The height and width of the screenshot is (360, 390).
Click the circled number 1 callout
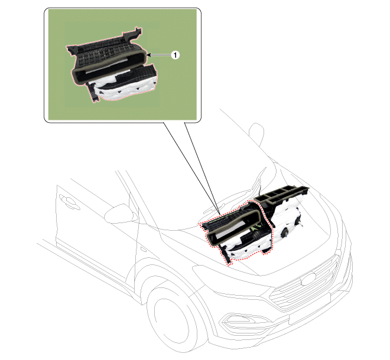175,55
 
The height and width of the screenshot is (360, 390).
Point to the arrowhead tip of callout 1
147,55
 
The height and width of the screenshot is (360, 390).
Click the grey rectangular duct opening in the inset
109,66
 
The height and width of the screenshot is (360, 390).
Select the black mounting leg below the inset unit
92,92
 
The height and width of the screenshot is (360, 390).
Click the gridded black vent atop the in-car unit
281,194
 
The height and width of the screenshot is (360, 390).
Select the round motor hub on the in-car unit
285,233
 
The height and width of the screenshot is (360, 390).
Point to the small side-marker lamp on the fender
144,249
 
